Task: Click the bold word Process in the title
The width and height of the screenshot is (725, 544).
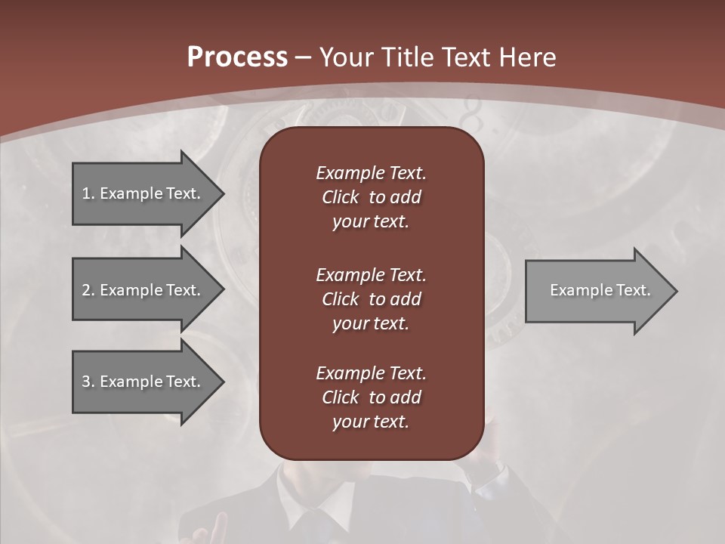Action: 237,57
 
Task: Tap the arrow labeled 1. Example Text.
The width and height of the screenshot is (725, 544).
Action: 140,193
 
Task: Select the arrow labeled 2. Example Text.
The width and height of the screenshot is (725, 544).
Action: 140,290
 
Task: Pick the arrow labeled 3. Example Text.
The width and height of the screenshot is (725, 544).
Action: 140,382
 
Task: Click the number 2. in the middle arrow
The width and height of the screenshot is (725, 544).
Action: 88,290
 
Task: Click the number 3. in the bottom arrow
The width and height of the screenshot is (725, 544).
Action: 88,382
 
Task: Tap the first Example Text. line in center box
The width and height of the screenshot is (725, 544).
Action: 371,173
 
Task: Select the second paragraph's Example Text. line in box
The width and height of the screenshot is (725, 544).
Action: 371,275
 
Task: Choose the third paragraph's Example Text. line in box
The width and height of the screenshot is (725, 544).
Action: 371,373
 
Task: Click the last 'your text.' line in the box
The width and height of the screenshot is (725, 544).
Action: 371,422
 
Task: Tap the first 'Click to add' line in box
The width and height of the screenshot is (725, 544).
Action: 371,197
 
